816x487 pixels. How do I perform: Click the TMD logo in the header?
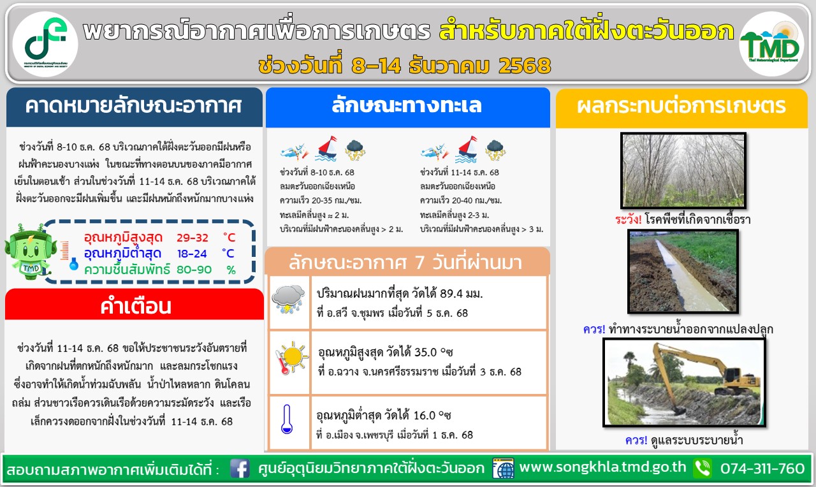(x=771, y=44)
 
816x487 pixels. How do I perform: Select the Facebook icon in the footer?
(x=240, y=469)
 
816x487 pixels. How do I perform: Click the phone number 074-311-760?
(x=762, y=469)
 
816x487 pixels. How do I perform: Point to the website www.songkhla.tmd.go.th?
(x=602, y=467)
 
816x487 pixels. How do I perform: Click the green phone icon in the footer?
(x=703, y=469)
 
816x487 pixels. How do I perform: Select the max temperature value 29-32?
(x=193, y=238)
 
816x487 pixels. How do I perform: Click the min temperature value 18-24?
(x=192, y=254)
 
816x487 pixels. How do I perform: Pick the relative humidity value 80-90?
(x=194, y=270)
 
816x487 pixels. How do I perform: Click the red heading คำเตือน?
(x=136, y=307)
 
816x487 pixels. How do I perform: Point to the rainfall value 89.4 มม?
(x=461, y=294)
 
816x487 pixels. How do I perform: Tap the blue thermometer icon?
(x=287, y=419)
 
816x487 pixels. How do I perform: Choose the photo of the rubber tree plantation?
(x=683, y=170)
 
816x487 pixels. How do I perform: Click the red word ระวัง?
(x=628, y=220)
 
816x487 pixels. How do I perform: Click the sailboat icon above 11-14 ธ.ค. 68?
(x=466, y=149)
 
